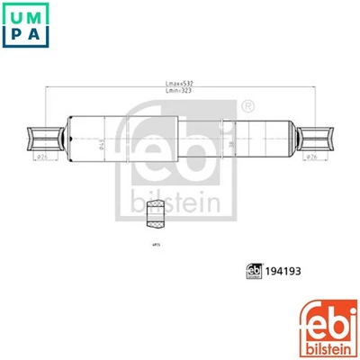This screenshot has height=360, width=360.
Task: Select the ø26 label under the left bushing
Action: click(x=41, y=157)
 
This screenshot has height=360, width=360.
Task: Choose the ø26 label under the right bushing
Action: click(x=311, y=157)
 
